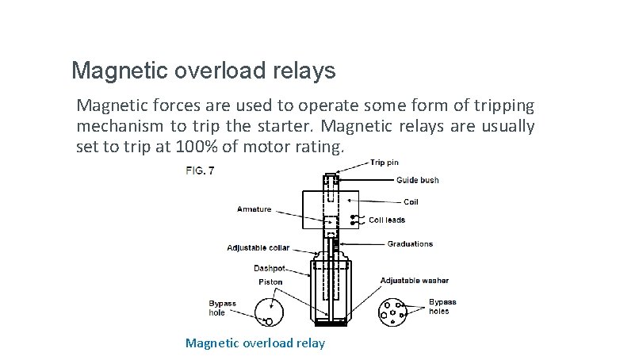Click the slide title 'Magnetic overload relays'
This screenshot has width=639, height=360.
[x=203, y=71]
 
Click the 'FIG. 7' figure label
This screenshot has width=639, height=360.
[x=200, y=170]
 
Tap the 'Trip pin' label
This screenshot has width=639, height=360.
[x=386, y=163]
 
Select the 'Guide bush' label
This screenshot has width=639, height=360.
[x=417, y=180]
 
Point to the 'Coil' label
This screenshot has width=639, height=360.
[x=411, y=202]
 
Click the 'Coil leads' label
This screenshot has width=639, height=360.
[x=387, y=220]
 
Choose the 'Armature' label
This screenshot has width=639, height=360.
[x=254, y=209]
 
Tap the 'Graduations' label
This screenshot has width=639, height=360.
[x=410, y=244]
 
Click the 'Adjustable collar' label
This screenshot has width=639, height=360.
[x=258, y=248]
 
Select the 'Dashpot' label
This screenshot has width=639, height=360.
[x=270, y=268]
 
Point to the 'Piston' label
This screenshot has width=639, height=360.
[x=270, y=281]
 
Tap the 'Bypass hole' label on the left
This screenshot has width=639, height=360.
[x=222, y=308]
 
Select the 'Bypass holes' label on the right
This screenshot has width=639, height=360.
[x=442, y=306]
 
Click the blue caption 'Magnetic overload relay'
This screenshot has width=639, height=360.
[x=254, y=343]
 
